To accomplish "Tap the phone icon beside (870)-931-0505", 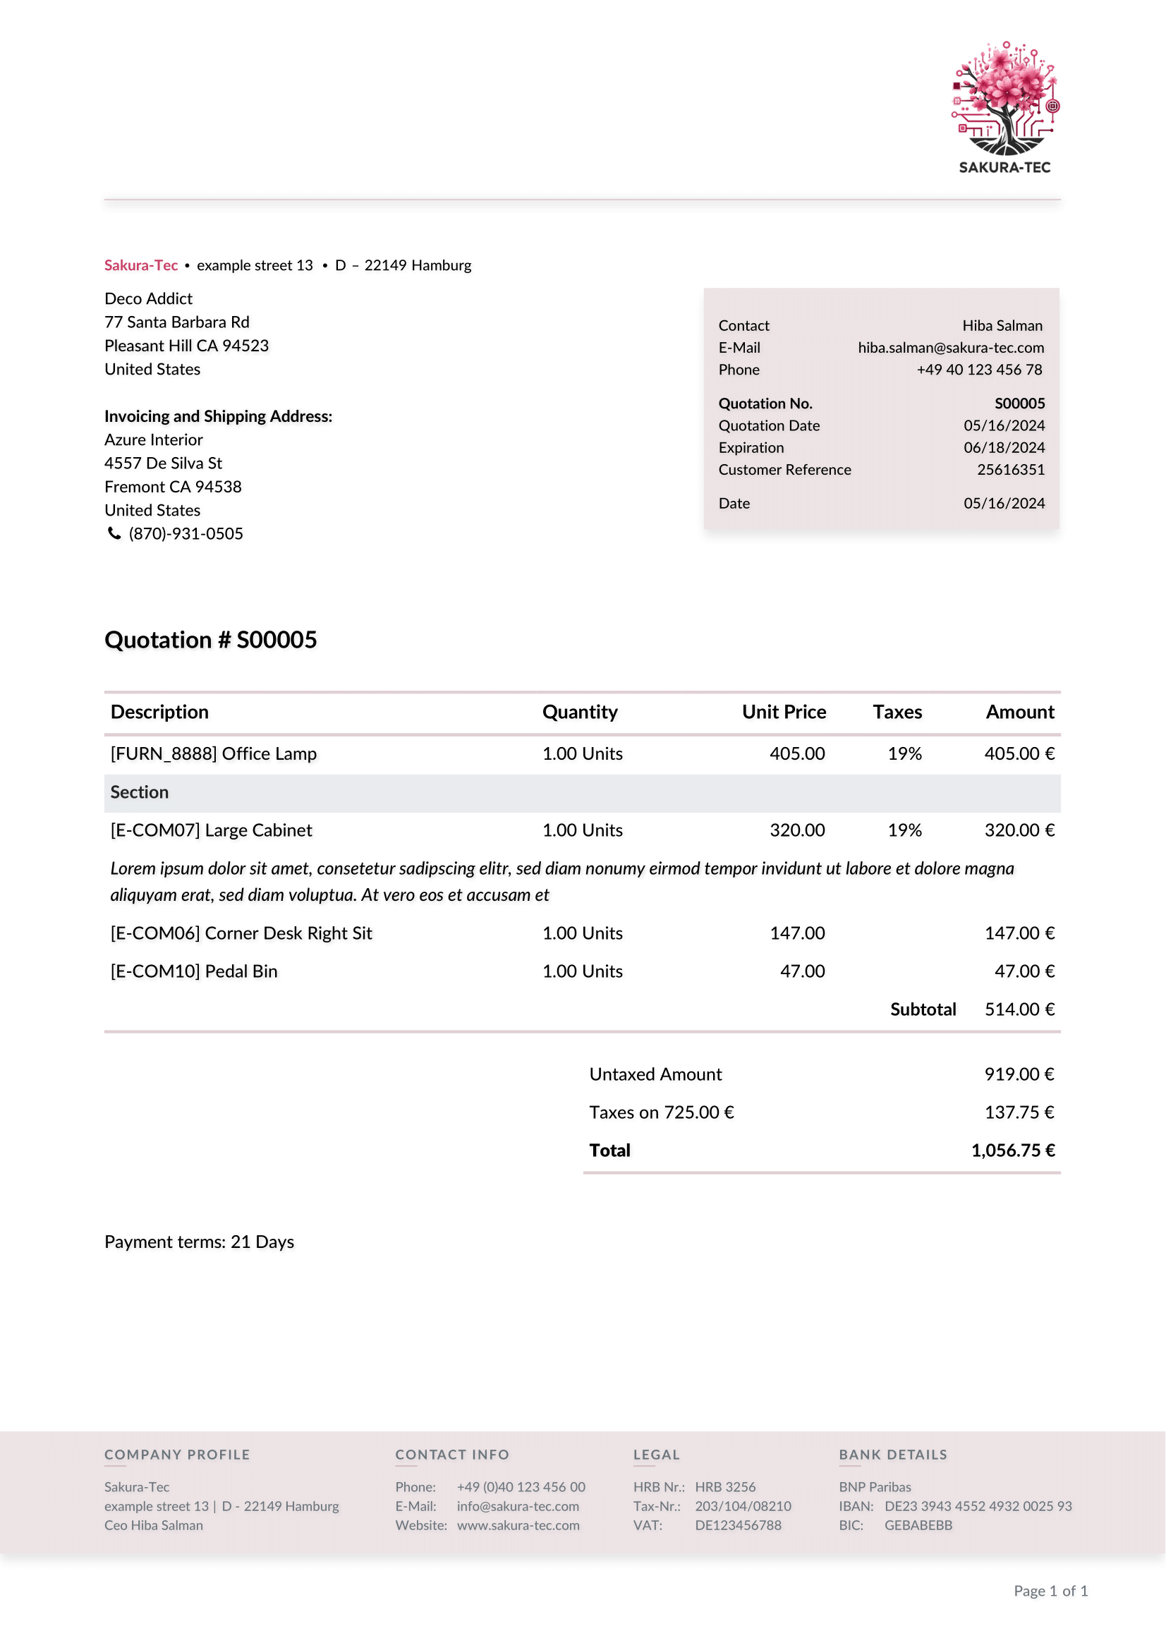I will click(x=114, y=533).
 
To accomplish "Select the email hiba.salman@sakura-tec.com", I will click(x=950, y=348).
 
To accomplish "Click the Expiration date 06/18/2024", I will click(x=1004, y=448).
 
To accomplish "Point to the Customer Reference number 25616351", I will click(x=1010, y=470).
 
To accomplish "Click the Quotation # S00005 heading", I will click(x=210, y=640).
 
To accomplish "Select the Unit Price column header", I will click(x=784, y=712).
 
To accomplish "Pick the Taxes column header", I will click(x=897, y=712).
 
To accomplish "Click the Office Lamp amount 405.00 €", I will click(x=1019, y=754).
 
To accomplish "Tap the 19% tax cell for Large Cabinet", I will click(x=904, y=831).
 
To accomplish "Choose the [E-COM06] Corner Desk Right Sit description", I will click(x=241, y=933).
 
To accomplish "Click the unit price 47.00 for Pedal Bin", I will click(x=803, y=971).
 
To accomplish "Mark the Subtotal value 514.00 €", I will click(x=1019, y=1009).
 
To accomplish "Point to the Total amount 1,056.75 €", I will click(x=1012, y=1151).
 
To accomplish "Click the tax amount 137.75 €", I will click(x=1019, y=1112).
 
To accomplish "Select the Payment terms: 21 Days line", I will click(x=199, y=1242).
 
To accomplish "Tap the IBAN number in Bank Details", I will click(x=978, y=1506).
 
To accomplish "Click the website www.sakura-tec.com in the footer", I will click(x=518, y=1526).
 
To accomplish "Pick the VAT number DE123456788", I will click(x=738, y=1526).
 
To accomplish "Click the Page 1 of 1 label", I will click(x=1050, y=1591).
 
